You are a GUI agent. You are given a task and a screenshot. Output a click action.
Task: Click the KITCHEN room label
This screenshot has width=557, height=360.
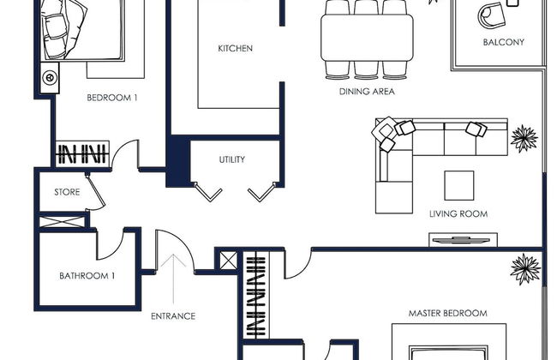(235, 48)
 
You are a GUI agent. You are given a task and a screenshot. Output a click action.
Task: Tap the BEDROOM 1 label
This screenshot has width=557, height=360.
(112, 98)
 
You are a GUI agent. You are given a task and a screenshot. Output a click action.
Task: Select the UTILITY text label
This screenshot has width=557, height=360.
(232, 159)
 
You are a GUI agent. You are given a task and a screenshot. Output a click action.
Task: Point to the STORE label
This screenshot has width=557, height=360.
(67, 192)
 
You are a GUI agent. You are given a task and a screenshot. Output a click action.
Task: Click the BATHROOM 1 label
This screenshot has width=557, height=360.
(87, 276)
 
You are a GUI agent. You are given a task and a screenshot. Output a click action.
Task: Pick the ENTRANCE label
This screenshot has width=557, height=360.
(173, 316)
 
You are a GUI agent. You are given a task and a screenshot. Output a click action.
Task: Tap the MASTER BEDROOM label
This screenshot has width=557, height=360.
(448, 314)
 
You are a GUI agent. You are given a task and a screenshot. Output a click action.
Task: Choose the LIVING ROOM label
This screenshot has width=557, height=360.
(458, 214)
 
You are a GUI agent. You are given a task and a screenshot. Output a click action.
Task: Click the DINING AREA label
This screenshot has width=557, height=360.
(367, 92)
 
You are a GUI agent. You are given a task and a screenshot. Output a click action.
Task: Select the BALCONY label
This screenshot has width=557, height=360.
(504, 42)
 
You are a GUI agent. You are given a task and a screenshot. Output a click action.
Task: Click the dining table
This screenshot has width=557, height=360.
(367, 38)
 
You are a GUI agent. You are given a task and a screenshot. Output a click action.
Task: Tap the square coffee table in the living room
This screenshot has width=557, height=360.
(459, 185)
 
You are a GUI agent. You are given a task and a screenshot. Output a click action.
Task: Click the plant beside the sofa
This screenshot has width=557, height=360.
(524, 138)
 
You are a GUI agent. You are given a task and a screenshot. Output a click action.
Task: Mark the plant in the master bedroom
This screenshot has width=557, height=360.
(525, 268)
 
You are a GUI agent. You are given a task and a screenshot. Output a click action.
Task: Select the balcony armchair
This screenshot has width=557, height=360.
(492, 15)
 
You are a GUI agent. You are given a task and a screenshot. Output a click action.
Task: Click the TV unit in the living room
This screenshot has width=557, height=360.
(463, 240)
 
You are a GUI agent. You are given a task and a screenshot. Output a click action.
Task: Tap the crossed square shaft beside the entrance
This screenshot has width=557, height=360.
(229, 261)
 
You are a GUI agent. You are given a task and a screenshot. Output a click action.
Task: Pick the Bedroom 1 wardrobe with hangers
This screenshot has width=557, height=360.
(82, 153)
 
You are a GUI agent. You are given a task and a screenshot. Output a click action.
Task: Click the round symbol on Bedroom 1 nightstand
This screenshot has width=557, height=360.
(50, 77)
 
